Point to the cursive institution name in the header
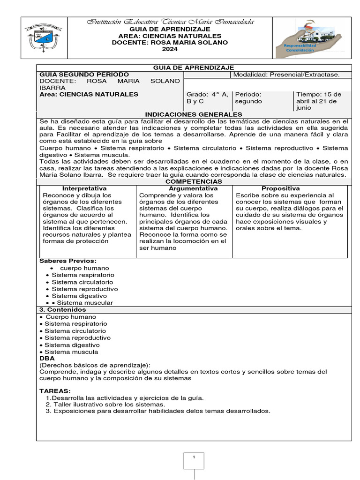[169, 22]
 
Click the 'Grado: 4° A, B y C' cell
[208, 97]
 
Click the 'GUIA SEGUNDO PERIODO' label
[84, 75]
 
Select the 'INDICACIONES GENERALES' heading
[194, 114]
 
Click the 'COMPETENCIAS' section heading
[194, 181]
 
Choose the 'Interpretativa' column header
[88, 188]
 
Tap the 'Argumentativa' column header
[184, 188]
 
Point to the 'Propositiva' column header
[280, 188]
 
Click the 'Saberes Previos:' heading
[68, 261]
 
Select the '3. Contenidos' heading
[62, 310]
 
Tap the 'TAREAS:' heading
[55, 390]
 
